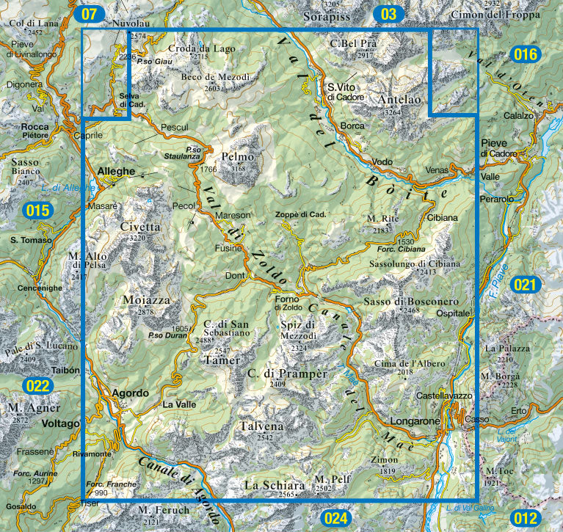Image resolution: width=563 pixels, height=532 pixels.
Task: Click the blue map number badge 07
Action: [x=90, y=13]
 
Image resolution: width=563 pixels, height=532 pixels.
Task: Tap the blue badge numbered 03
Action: [x=389, y=13]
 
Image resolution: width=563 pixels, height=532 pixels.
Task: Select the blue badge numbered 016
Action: [x=526, y=54]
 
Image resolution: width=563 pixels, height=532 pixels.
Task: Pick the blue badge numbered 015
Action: [x=37, y=211]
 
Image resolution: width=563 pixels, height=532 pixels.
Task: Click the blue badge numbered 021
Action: [x=526, y=285]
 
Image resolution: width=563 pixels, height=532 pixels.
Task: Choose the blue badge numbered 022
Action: [x=37, y=385]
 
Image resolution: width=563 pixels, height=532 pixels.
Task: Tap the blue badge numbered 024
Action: [x=335, y=519]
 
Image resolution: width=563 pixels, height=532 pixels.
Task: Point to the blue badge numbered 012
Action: [x=526, y=519]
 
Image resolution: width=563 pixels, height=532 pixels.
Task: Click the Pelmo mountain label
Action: [x=237, y=157]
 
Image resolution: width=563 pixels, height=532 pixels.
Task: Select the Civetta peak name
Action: [x=140, y=227]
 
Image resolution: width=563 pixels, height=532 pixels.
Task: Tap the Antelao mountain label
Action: [x=400, y=100]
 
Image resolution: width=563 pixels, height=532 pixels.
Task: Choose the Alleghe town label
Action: [x=117, y=171]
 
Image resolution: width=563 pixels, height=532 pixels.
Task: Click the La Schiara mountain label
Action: [x=274, y=486]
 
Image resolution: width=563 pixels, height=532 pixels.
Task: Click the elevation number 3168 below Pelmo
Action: [x=238, y=169]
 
